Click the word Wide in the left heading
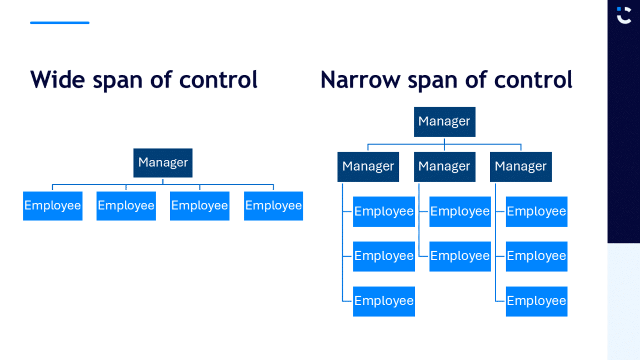[x=57, y=79]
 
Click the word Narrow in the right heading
[x=360, y=79]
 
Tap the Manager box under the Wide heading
[x=163, y=163]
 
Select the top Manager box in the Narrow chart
[x=444, y=122]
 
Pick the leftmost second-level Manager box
[x=368, y=167]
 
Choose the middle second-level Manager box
[x=444, y=167]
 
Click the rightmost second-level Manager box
[x=521, y=167]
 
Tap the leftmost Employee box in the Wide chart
[x=53, y=206]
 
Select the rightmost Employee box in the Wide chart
[x=273, y=206]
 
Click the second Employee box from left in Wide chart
[x=126, y=206]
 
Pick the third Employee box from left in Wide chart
[x=199, y=206]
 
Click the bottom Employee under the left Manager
[x=384, y=301]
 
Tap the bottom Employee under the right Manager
[x=537, y=301]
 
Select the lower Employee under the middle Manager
[x=460, y=256]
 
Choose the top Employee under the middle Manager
[x=460, y=212]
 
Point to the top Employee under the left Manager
[x=384, y=212]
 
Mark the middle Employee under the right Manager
[x=537, y=256]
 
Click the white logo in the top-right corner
[x=624, y=15]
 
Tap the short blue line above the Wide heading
[x=59, y=23]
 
